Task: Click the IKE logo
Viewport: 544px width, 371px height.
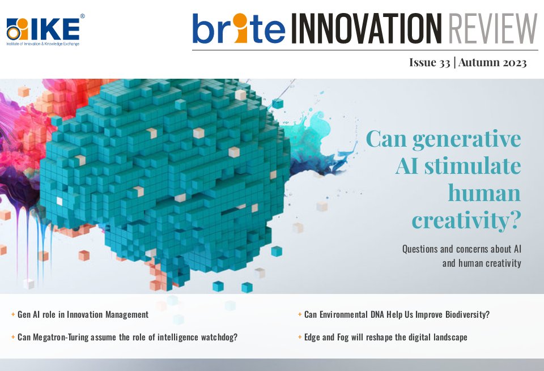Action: (x=43, y=27)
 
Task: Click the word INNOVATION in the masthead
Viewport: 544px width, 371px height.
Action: (x=365, y=29)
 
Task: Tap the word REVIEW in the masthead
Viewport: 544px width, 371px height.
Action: (x=491, y=29)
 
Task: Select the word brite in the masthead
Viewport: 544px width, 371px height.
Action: (x=238, y=29)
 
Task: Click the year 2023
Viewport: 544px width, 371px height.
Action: (x=513, y=62)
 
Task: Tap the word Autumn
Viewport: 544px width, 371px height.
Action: (x=478, y=62)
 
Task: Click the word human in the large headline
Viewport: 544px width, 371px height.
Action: (x=484, y=193)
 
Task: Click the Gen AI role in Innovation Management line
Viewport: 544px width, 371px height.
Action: (x=83, y=314)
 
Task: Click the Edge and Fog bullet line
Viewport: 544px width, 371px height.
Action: (x=385, y=337)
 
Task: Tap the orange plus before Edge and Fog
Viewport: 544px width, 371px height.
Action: (x=299, y=337)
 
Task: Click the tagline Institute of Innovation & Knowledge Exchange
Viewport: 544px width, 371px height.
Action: (x=42, y=43)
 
